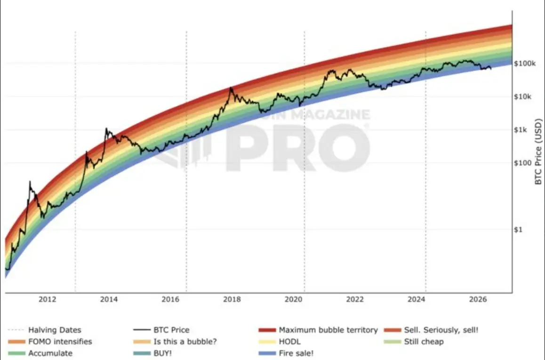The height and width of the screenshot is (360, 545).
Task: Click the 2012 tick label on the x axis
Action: tap(47, 299)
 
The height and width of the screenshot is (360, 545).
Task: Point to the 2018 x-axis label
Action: tap(232, 299)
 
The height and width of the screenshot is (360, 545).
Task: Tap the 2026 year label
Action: tap(478, 299)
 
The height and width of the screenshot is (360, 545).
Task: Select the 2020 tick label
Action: tap(293, 299)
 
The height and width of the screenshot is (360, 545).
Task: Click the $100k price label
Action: tap(525, 63)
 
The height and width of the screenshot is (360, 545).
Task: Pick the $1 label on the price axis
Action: tap(518, 229)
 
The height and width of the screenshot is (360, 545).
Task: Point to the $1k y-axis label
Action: tap(521, 130)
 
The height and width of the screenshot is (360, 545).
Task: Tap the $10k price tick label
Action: tap(522, 96)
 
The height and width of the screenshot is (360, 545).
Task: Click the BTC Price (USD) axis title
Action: tap(538, 152)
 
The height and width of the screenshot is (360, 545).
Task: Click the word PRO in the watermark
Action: tap(298, 147)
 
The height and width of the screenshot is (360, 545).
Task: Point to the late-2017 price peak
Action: tap(231, 88)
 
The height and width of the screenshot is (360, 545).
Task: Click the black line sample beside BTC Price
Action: tap(142, 330)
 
